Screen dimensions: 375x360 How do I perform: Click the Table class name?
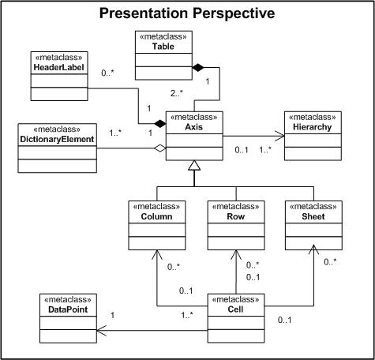163,47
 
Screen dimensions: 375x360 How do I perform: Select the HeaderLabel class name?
59,67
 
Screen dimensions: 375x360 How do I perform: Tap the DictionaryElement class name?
57,139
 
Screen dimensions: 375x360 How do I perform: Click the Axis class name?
194,127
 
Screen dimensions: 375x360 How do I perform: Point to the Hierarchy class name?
313,127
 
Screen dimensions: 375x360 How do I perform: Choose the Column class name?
157,216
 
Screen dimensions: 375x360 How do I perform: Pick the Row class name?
236,216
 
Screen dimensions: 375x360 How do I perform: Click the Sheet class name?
313,216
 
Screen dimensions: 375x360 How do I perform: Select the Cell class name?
235,309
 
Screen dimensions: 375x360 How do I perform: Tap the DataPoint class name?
68,309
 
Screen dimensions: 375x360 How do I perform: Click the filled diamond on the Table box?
198,67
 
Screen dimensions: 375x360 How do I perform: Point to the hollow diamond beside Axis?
160,148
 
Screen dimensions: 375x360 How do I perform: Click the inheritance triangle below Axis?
194,165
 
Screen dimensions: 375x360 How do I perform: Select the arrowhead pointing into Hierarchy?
280,136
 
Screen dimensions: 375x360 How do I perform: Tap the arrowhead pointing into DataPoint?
102,331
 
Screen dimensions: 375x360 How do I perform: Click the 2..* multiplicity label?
177,93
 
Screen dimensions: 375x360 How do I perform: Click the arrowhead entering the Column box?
157,255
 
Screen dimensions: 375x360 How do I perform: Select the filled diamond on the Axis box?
160,123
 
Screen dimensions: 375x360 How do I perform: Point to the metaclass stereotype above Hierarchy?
313,117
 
